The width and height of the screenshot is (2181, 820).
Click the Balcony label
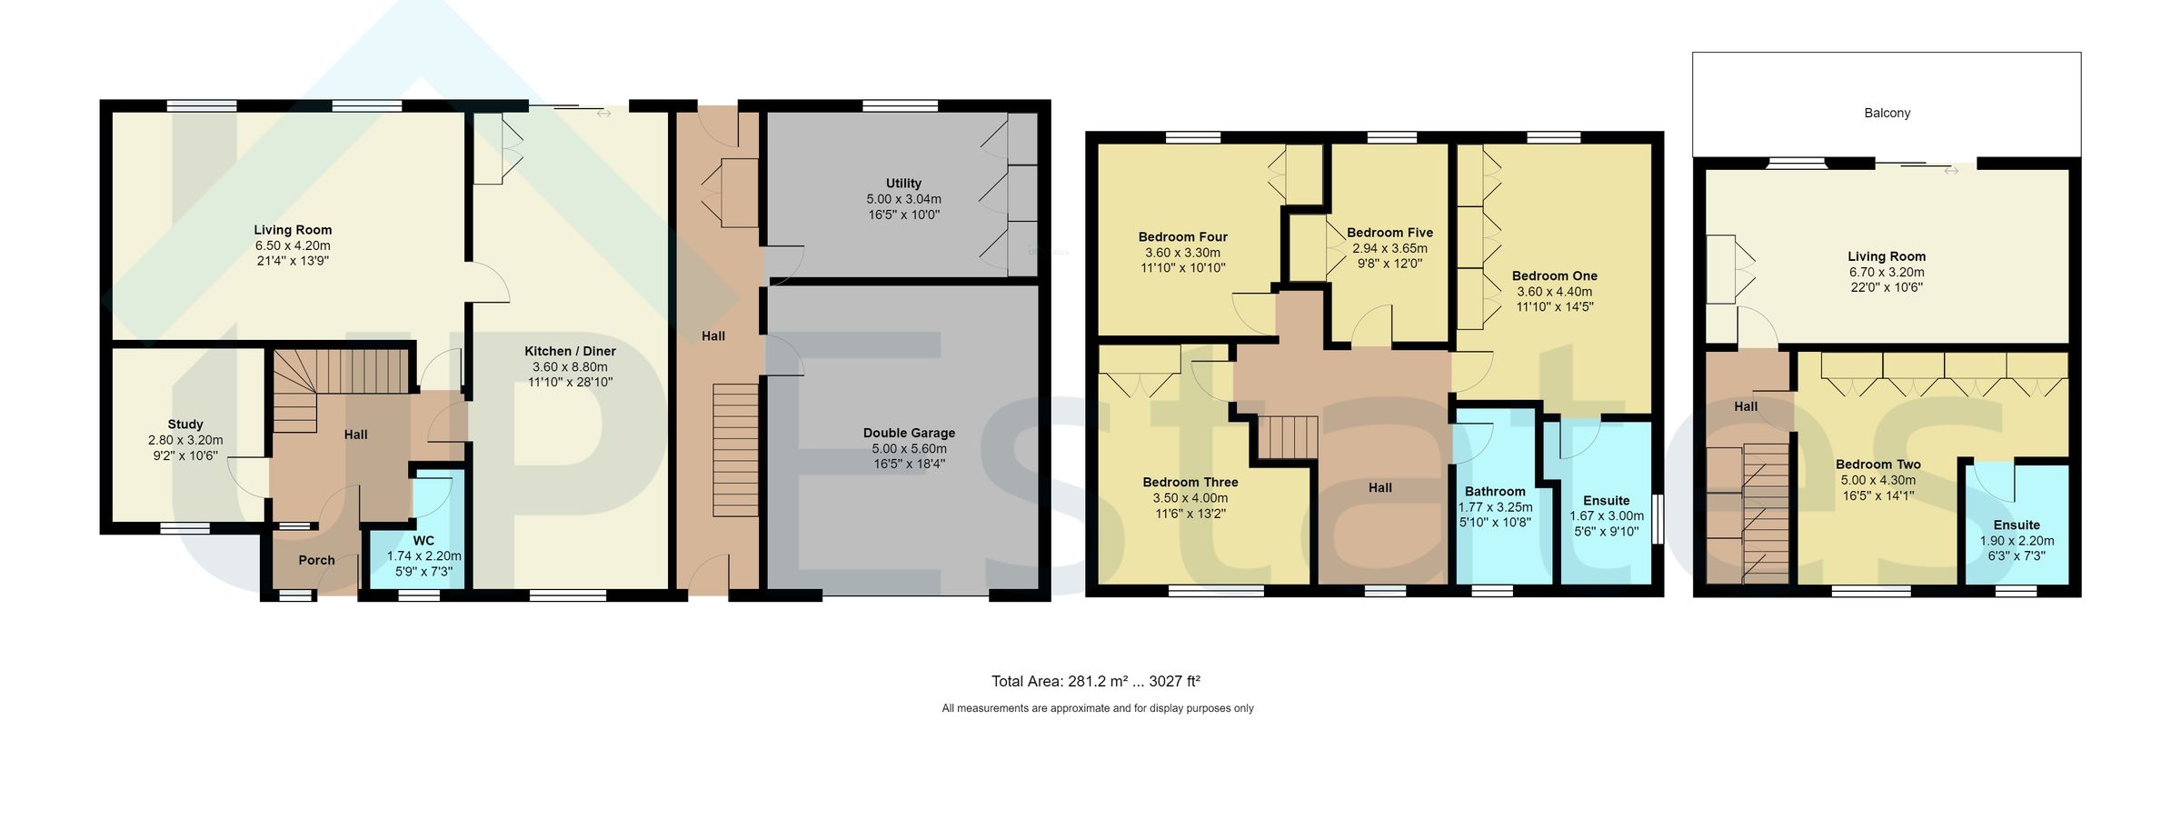(1887, 113)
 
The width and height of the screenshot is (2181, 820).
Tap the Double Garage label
(909, 433)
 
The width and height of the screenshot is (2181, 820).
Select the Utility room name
(903, 183)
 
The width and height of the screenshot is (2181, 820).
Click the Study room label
(185, 424)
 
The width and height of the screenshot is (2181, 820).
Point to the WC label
(423, 540)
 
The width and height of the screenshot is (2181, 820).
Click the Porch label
(316, 560)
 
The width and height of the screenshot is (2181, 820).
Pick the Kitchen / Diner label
(570, 351)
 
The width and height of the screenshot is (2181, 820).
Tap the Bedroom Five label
(1389, 233)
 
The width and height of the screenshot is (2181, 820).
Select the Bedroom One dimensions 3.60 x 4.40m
(1554, 292)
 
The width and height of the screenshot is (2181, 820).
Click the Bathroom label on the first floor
(1495, 491)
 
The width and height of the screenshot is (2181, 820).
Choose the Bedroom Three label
(1190, 482)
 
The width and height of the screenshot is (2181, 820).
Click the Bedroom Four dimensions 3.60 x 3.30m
(1182, 253)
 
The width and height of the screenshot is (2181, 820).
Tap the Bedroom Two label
(1877, 464)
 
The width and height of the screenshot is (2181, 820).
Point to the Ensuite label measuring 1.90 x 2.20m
(2017, 525)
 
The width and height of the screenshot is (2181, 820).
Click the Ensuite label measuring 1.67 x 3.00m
(1606, 500)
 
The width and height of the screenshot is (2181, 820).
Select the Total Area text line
(1095, 681)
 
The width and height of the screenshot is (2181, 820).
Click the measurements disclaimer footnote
(1097, 708)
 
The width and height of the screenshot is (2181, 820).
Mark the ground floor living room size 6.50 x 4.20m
(293, 245)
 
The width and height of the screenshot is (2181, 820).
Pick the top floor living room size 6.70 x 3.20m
(1887, 272)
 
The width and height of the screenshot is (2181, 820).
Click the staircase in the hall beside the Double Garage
(735, 450)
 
